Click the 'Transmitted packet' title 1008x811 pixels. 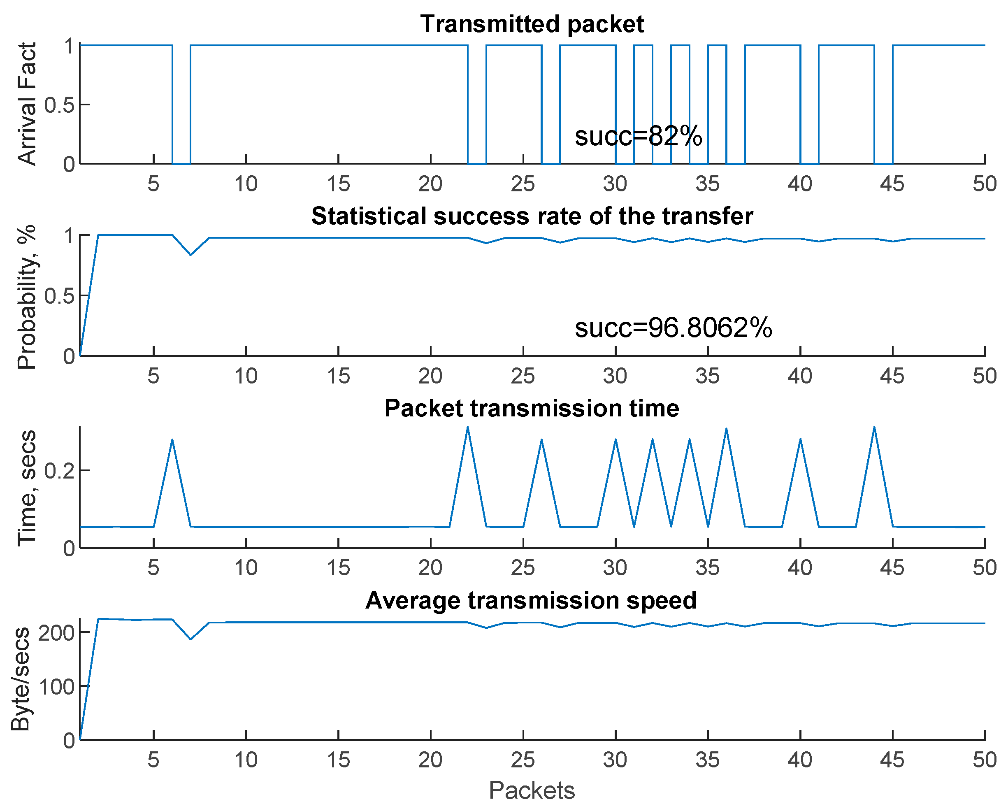pyautogui.click(x=532, y=24)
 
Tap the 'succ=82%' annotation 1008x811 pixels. pyautogui.click(x=638, y=136)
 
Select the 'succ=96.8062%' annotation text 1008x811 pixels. pyautogui.click(x=673, y=328)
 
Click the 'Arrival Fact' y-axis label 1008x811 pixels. pyautogui.click(x=27, y=104)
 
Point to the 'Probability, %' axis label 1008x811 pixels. pyautogui.click(x=27, y=297)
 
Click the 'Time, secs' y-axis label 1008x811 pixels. pyautogui.click(x=27, y=488)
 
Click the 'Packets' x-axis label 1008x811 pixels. pyautogui.click(x=532, y=790)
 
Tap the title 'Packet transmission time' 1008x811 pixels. pyautogui.click(x=532, y=408)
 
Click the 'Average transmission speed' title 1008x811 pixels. pyautogui.click(x=531, y=600)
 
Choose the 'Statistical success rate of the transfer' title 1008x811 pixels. pyautogui.click(x=532, y=216)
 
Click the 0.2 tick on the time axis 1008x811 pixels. pyautogui.click(x=59, y=470)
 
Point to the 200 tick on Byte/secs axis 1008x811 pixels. pyautogui.click(x=56, y=633)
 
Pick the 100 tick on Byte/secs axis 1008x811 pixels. pyautogui.click(x=56, y=687)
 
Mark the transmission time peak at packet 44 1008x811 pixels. pyautogui.click(x=874, y=427)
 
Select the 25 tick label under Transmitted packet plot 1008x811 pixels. pyautogui.click(x=522, y=184)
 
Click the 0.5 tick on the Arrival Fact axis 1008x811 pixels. pyautogui.click(x=59, y=105)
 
